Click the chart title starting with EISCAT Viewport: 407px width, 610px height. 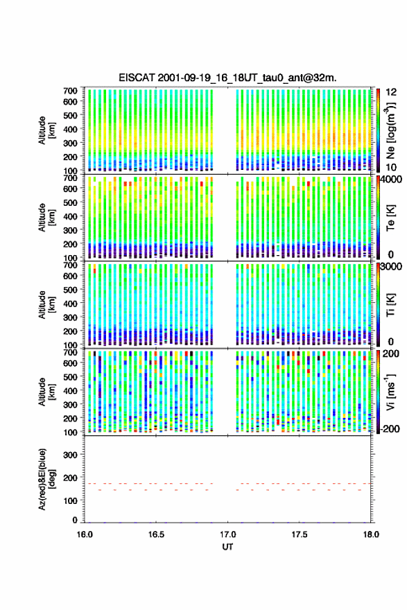pyautogui.click(x=227, y=78)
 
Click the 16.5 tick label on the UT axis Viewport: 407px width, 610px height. pyautogui.click(x=156, y=534)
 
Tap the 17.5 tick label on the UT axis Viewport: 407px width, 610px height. pyautogui.click(x=300, y=534)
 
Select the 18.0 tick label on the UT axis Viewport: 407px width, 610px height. pyautogui.click(x=371, y=534)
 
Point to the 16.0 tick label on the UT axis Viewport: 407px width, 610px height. pyautogui.click(x=85, y=534)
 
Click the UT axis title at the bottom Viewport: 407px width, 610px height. pyautogui.click(x=227, y=547)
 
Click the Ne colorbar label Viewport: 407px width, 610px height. pyautogui.click(x=390, y=130)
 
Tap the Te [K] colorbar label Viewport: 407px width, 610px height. pyautogui.click(x=390, y=218)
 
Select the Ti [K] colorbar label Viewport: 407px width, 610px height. pyautogui.click(x=390, y=304)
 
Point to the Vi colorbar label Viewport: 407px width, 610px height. pyautogui.click(x=390, y=392)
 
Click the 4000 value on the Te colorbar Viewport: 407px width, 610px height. pyautogui.click(x=392, y=180)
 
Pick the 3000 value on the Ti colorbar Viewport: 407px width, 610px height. pyautogui.click(x=392, y=267)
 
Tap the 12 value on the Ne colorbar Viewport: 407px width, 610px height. pyautogui.click(x=392, y=91)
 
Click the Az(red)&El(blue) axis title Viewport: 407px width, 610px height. pyautogui.click(x=46, y=479)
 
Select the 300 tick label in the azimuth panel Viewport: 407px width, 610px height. pyautogui.click(x=70, y=455)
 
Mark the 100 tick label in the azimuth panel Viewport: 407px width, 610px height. pyautogui.click(x=70, y=500)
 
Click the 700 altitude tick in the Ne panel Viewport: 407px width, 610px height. pyautogui.click(x=70, y=91)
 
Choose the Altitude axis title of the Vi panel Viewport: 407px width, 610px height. pyautogui.click(x=46, y=392)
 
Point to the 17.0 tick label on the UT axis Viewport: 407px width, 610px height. pyautogui.click(x=227, y=534)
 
